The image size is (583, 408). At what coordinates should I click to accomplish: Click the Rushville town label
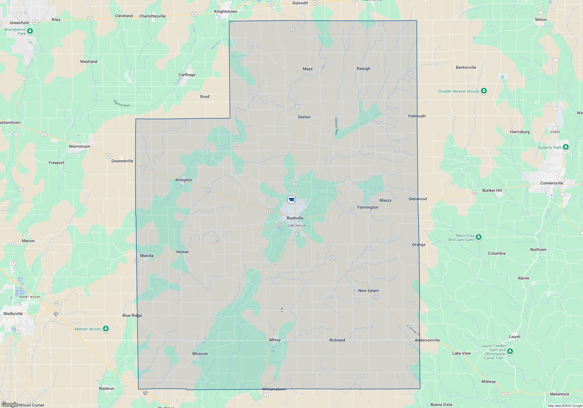click(x=295, y=218)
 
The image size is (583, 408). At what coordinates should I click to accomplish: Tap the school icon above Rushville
click(x=291, y=200)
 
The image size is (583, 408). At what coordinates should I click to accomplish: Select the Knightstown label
click(x=226, y=12)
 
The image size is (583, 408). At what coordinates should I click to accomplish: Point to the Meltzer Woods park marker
click(x=106, y=329)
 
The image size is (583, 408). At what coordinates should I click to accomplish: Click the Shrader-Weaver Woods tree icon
click(x=484, y=91)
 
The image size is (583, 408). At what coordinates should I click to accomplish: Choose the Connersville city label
click(x=552, y=183)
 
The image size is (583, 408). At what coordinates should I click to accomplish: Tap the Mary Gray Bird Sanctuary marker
click(x=478, y=237)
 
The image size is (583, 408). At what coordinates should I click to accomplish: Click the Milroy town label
click(x=275, y=340)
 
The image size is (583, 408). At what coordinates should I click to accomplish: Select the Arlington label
click(x=183, y=180)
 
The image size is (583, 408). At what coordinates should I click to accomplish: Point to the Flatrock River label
click(x=336, y=126)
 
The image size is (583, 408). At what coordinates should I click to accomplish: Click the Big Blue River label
click(x=122, y=103)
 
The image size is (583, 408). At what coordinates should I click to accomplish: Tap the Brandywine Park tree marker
click(x=30, y=31)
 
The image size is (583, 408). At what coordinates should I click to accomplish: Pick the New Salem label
click(x=368, y=291)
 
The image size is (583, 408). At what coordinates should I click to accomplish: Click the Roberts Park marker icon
click(x=566, y=147)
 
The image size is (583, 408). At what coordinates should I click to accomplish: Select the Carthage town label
click(x=187, y=75)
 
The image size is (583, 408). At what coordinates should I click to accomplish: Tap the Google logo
click(x=10, y=405)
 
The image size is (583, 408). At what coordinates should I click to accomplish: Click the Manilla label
click(x=147, y=256)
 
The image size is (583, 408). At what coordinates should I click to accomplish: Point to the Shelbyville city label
click(x=13, y=314)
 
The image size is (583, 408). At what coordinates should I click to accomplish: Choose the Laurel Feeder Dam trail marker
click(x=510, y=351)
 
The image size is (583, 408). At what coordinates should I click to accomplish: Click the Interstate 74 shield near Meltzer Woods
click(x=56, y=314)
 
